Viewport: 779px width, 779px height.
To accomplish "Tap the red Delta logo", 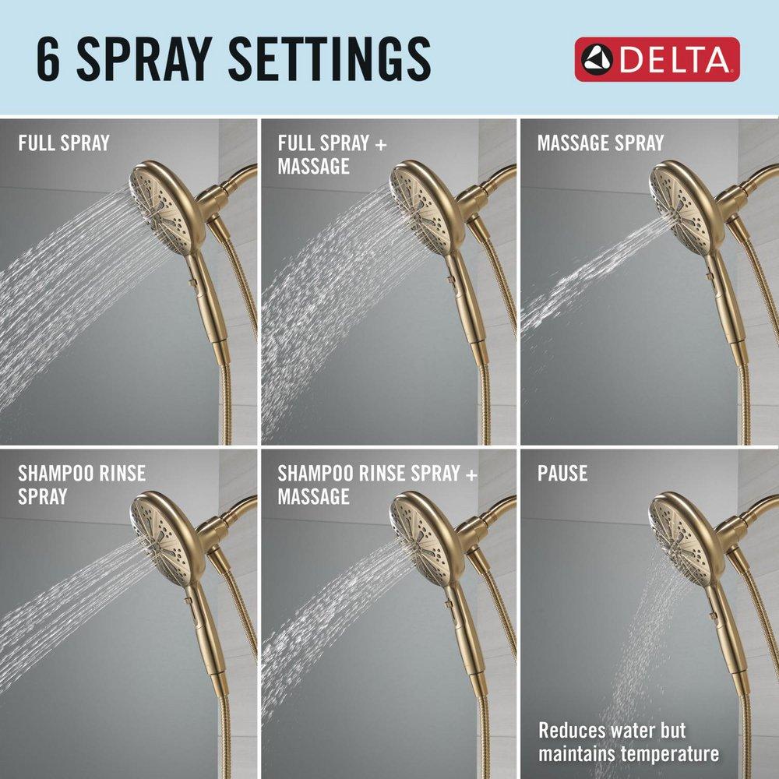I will pyautogui.click(x=657, y=59).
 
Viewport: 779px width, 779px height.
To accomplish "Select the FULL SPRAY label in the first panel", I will pyautogui.click(x=64, y=143).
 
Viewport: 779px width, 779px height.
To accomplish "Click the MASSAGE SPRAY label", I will pyautogui.click(x=600, y=143).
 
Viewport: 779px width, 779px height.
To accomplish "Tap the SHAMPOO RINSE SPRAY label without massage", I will pyautogui.click(x=81, y=485).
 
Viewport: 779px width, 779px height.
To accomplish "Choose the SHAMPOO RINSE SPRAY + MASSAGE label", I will pyautogui.click(x=377, y=485).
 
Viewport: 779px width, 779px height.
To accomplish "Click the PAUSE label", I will pyautogui.click(x=562, y=474).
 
